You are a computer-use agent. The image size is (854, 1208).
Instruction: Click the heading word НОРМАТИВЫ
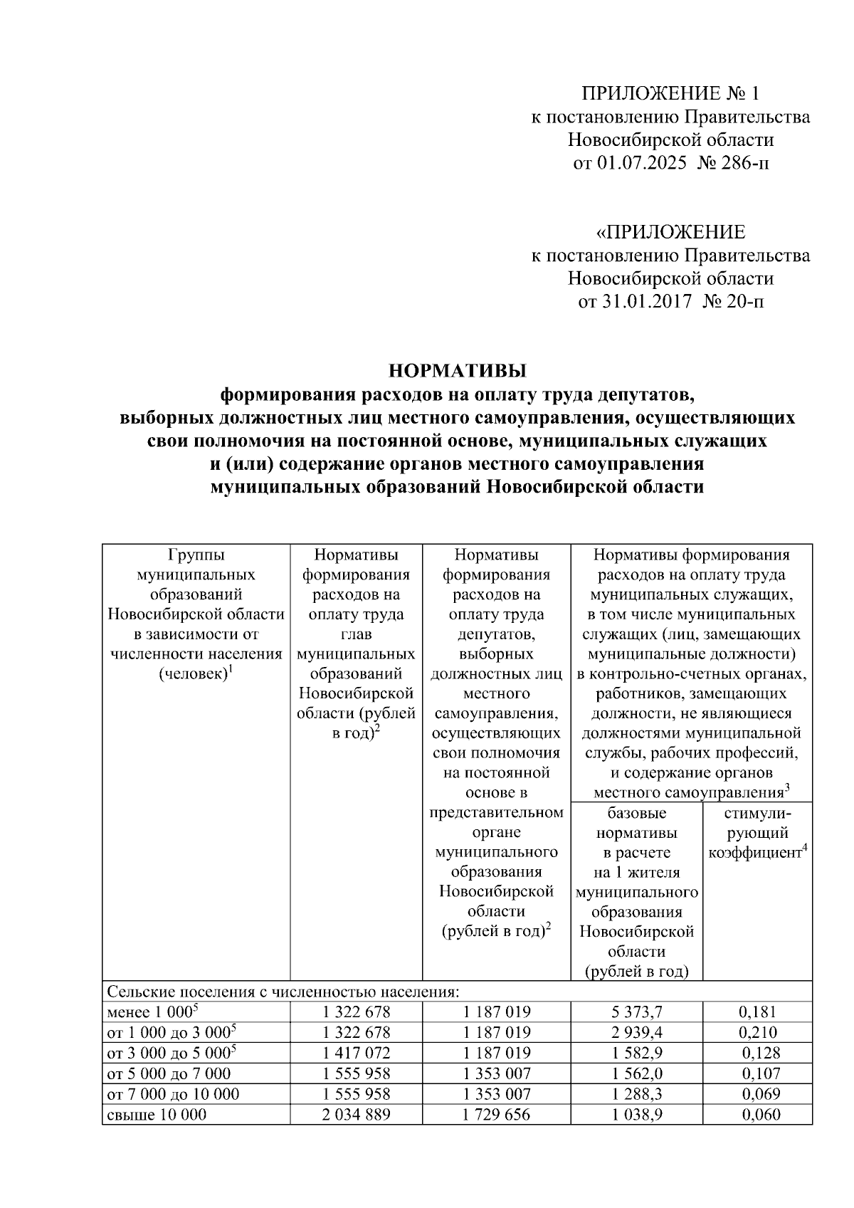457,371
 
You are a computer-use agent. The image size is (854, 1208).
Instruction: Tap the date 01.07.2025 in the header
642,164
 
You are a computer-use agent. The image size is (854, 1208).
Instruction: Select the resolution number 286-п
747,164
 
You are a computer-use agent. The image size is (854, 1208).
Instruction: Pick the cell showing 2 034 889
356,1114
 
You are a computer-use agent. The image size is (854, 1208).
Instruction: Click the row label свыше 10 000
157,1114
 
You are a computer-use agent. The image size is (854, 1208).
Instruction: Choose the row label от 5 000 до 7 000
169,1073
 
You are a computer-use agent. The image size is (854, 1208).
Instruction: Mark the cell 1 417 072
356,1053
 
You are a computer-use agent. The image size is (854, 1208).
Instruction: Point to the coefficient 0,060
760,1114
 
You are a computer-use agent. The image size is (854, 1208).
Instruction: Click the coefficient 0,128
760,1053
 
